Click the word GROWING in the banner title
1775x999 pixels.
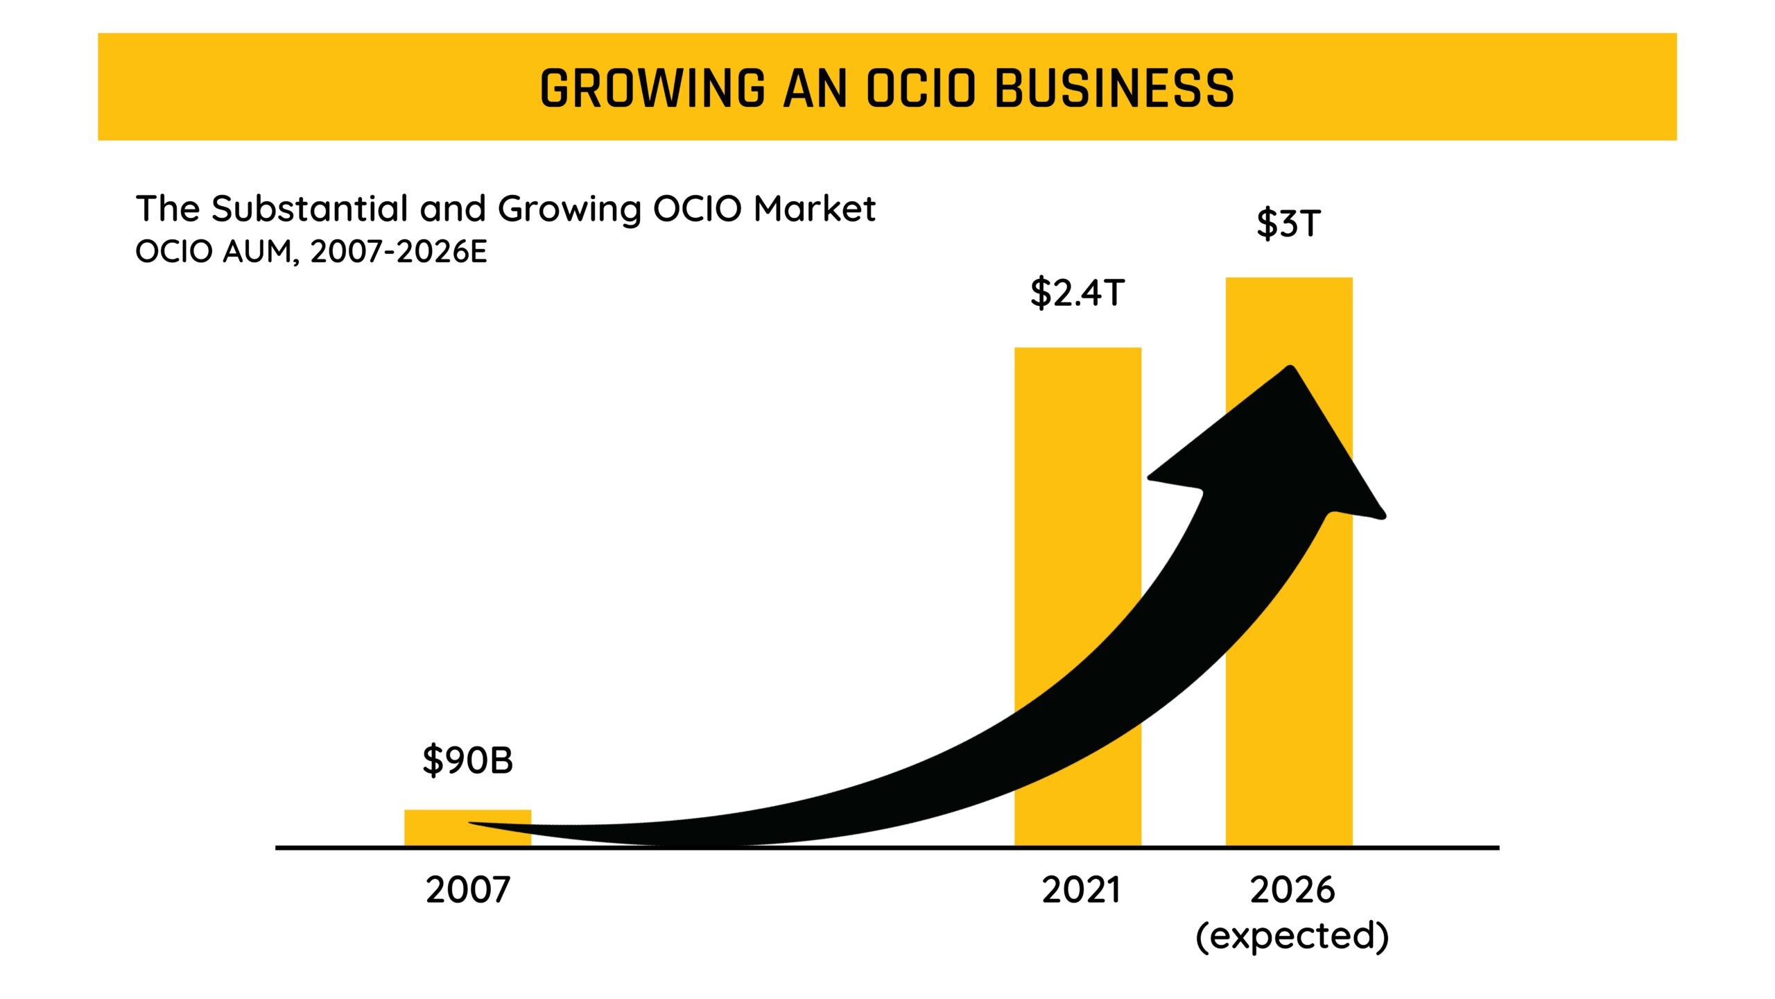[x=652, y=89]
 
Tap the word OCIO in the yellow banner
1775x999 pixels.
[x=921, y=89]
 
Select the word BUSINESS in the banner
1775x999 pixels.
[x=1114, y=89]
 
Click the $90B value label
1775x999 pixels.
[x=468, y=760]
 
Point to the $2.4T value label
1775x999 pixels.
[x=1077, y=293]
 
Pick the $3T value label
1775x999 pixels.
[x=1288, y=224]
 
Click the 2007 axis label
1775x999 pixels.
[x=468, y=890]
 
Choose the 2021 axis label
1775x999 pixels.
[x=1081, y=890]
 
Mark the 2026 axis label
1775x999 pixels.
[x=1292, y=890]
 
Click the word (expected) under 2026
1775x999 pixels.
[x=1292, y=937]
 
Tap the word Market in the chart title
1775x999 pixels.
[x=815, y=209]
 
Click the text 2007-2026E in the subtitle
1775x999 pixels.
[x=399, y=252]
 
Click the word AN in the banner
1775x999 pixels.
[x=815, y=89]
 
